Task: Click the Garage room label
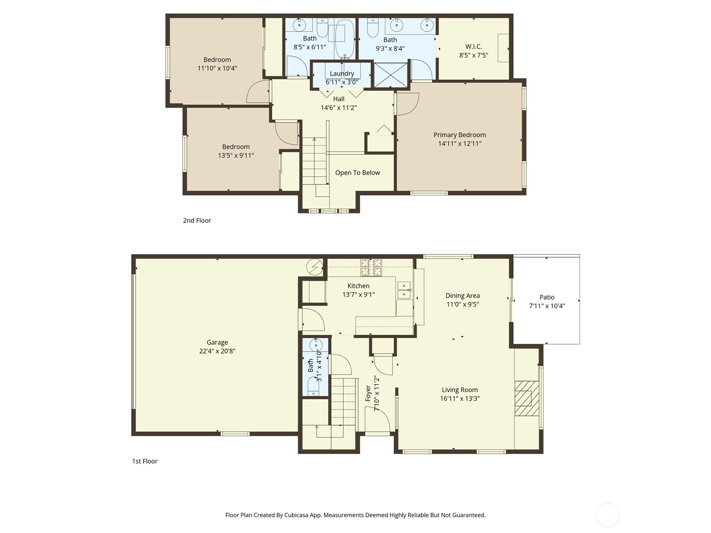217,342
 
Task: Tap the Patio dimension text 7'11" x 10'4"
547,306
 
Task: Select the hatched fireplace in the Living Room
527,398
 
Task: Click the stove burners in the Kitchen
371,267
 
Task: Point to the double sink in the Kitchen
404,290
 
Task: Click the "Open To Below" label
357,173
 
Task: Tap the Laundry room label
342,73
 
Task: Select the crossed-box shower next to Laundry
391,75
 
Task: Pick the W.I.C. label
474,47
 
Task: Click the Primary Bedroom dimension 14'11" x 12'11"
459,143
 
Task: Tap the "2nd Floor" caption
197,220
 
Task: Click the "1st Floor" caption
144,461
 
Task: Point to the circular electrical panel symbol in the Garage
315,267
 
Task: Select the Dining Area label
463,295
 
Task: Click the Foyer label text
368,393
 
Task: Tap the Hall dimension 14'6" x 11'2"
339,107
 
